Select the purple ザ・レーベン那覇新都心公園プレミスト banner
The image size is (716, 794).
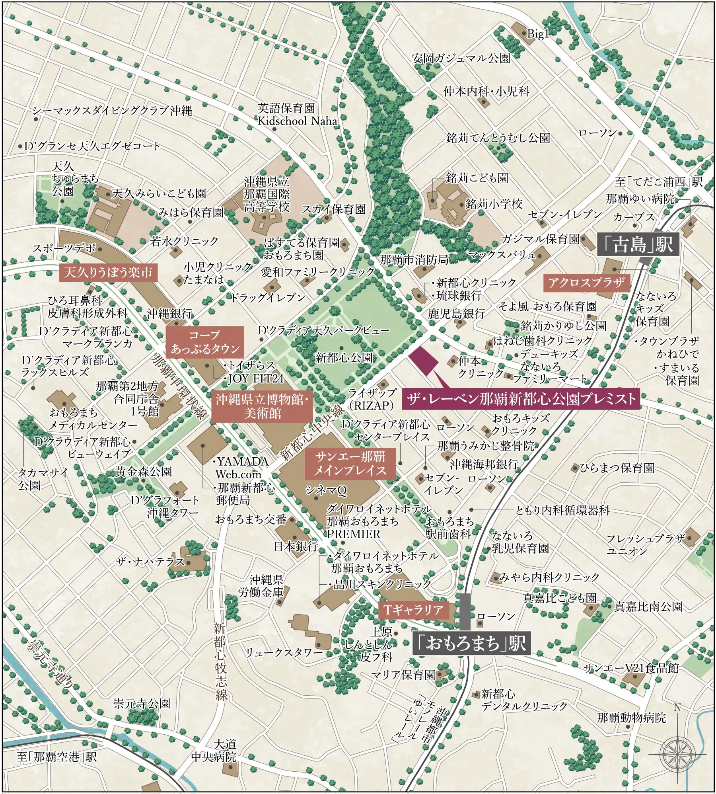(x=521, y=398)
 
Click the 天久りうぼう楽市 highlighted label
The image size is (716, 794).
(x=108, y=273)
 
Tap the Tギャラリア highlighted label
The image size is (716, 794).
(x=413, y=609)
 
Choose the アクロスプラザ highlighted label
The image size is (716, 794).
(x=586, y=283)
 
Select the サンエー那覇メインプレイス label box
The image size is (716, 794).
(x=350, y=464)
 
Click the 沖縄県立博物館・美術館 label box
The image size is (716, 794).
(x=262, y=406)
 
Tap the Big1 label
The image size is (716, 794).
(x=537, y=34)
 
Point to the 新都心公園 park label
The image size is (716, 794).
(x=344, y=358)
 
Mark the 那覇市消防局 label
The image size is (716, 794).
(x=414, y=260)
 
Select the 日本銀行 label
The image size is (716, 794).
(x=296, y=546)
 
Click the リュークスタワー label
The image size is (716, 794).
(x=284, y=652)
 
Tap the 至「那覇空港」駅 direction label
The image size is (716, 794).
(x=57, y=757)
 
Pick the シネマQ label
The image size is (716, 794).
(x=326, y=490)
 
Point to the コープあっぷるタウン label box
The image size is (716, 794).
(x=204, y=342)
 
